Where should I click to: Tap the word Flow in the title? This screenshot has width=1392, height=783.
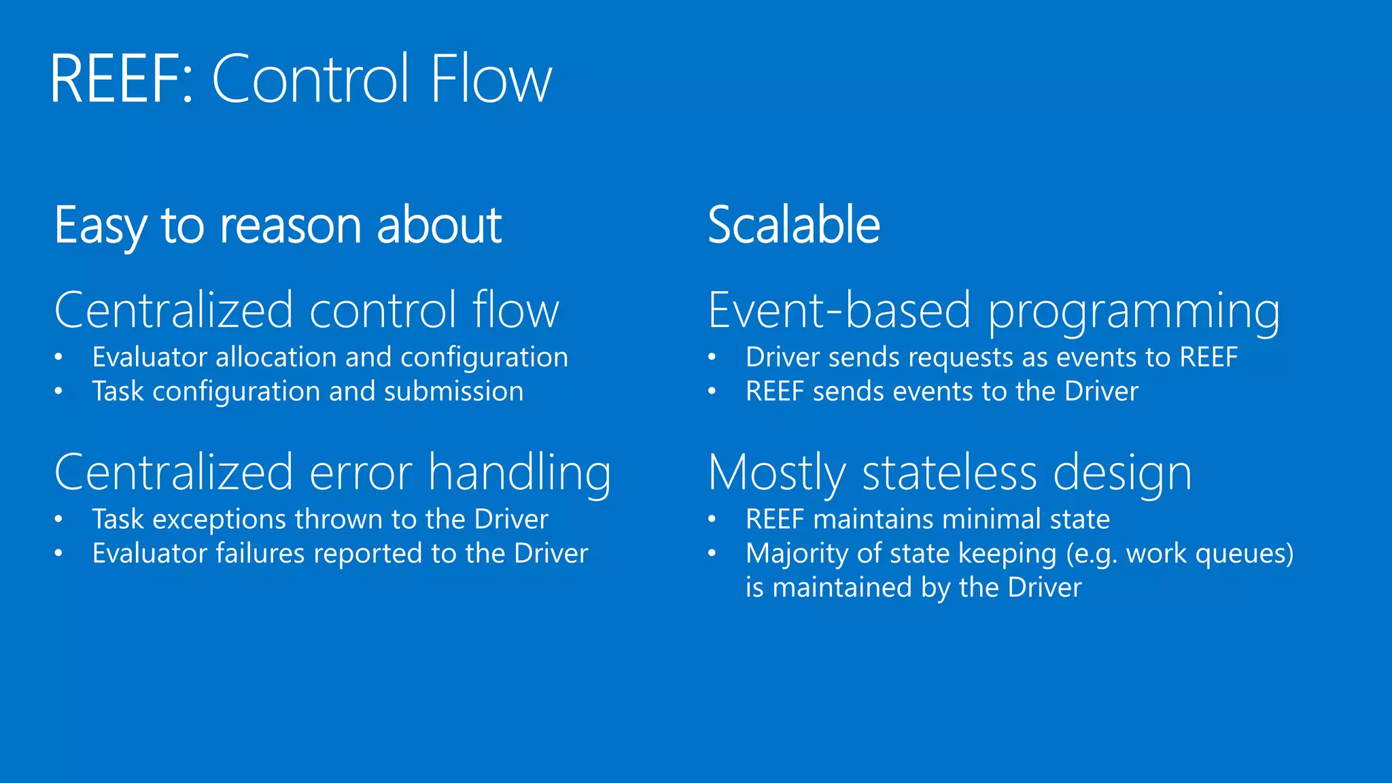pyautogui.click(x=490, y=80)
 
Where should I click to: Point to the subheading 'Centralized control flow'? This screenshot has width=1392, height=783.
pyautogui.click(x=307, y=311)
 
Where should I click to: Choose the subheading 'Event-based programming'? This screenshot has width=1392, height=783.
pyautogui.click(x=994, y=311)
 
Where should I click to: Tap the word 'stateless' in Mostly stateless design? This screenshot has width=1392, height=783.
pyautogui.click(x=950, y=472)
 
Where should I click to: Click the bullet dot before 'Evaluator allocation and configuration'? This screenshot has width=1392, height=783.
pyautogui.click(x=59, y=358)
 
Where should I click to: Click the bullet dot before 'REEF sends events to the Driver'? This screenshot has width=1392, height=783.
pyautogui.click(x=712, y=391)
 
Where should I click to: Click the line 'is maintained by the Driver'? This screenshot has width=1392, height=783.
pyautogui.click(x=913, y=587)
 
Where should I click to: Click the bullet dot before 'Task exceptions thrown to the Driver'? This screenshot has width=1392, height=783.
pyautogui.click(x=59, y=520)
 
